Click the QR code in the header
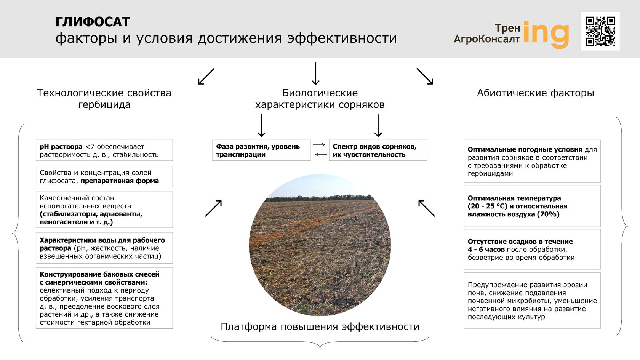point(600,31)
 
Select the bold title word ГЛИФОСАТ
point(93,22)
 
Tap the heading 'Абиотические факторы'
point(535,93)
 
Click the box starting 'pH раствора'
point(104,150)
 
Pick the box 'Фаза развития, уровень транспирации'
point(261,150)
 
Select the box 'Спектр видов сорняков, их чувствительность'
point(378,150)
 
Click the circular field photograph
point(320,245)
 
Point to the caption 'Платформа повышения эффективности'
point(320,326)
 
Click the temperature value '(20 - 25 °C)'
point(487,206)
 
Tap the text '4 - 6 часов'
point(486,250)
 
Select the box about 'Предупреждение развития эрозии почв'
point(532,301)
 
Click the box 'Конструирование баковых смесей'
point(104,298)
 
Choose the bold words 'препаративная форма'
point(120,181)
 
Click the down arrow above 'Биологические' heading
point(315,74)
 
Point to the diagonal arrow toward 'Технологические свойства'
point(206,76)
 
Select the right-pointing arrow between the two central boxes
point(319,145)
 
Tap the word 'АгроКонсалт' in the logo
point(486,39)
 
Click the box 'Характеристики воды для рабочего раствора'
point(104,248)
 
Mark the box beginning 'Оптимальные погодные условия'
point(532,161)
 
